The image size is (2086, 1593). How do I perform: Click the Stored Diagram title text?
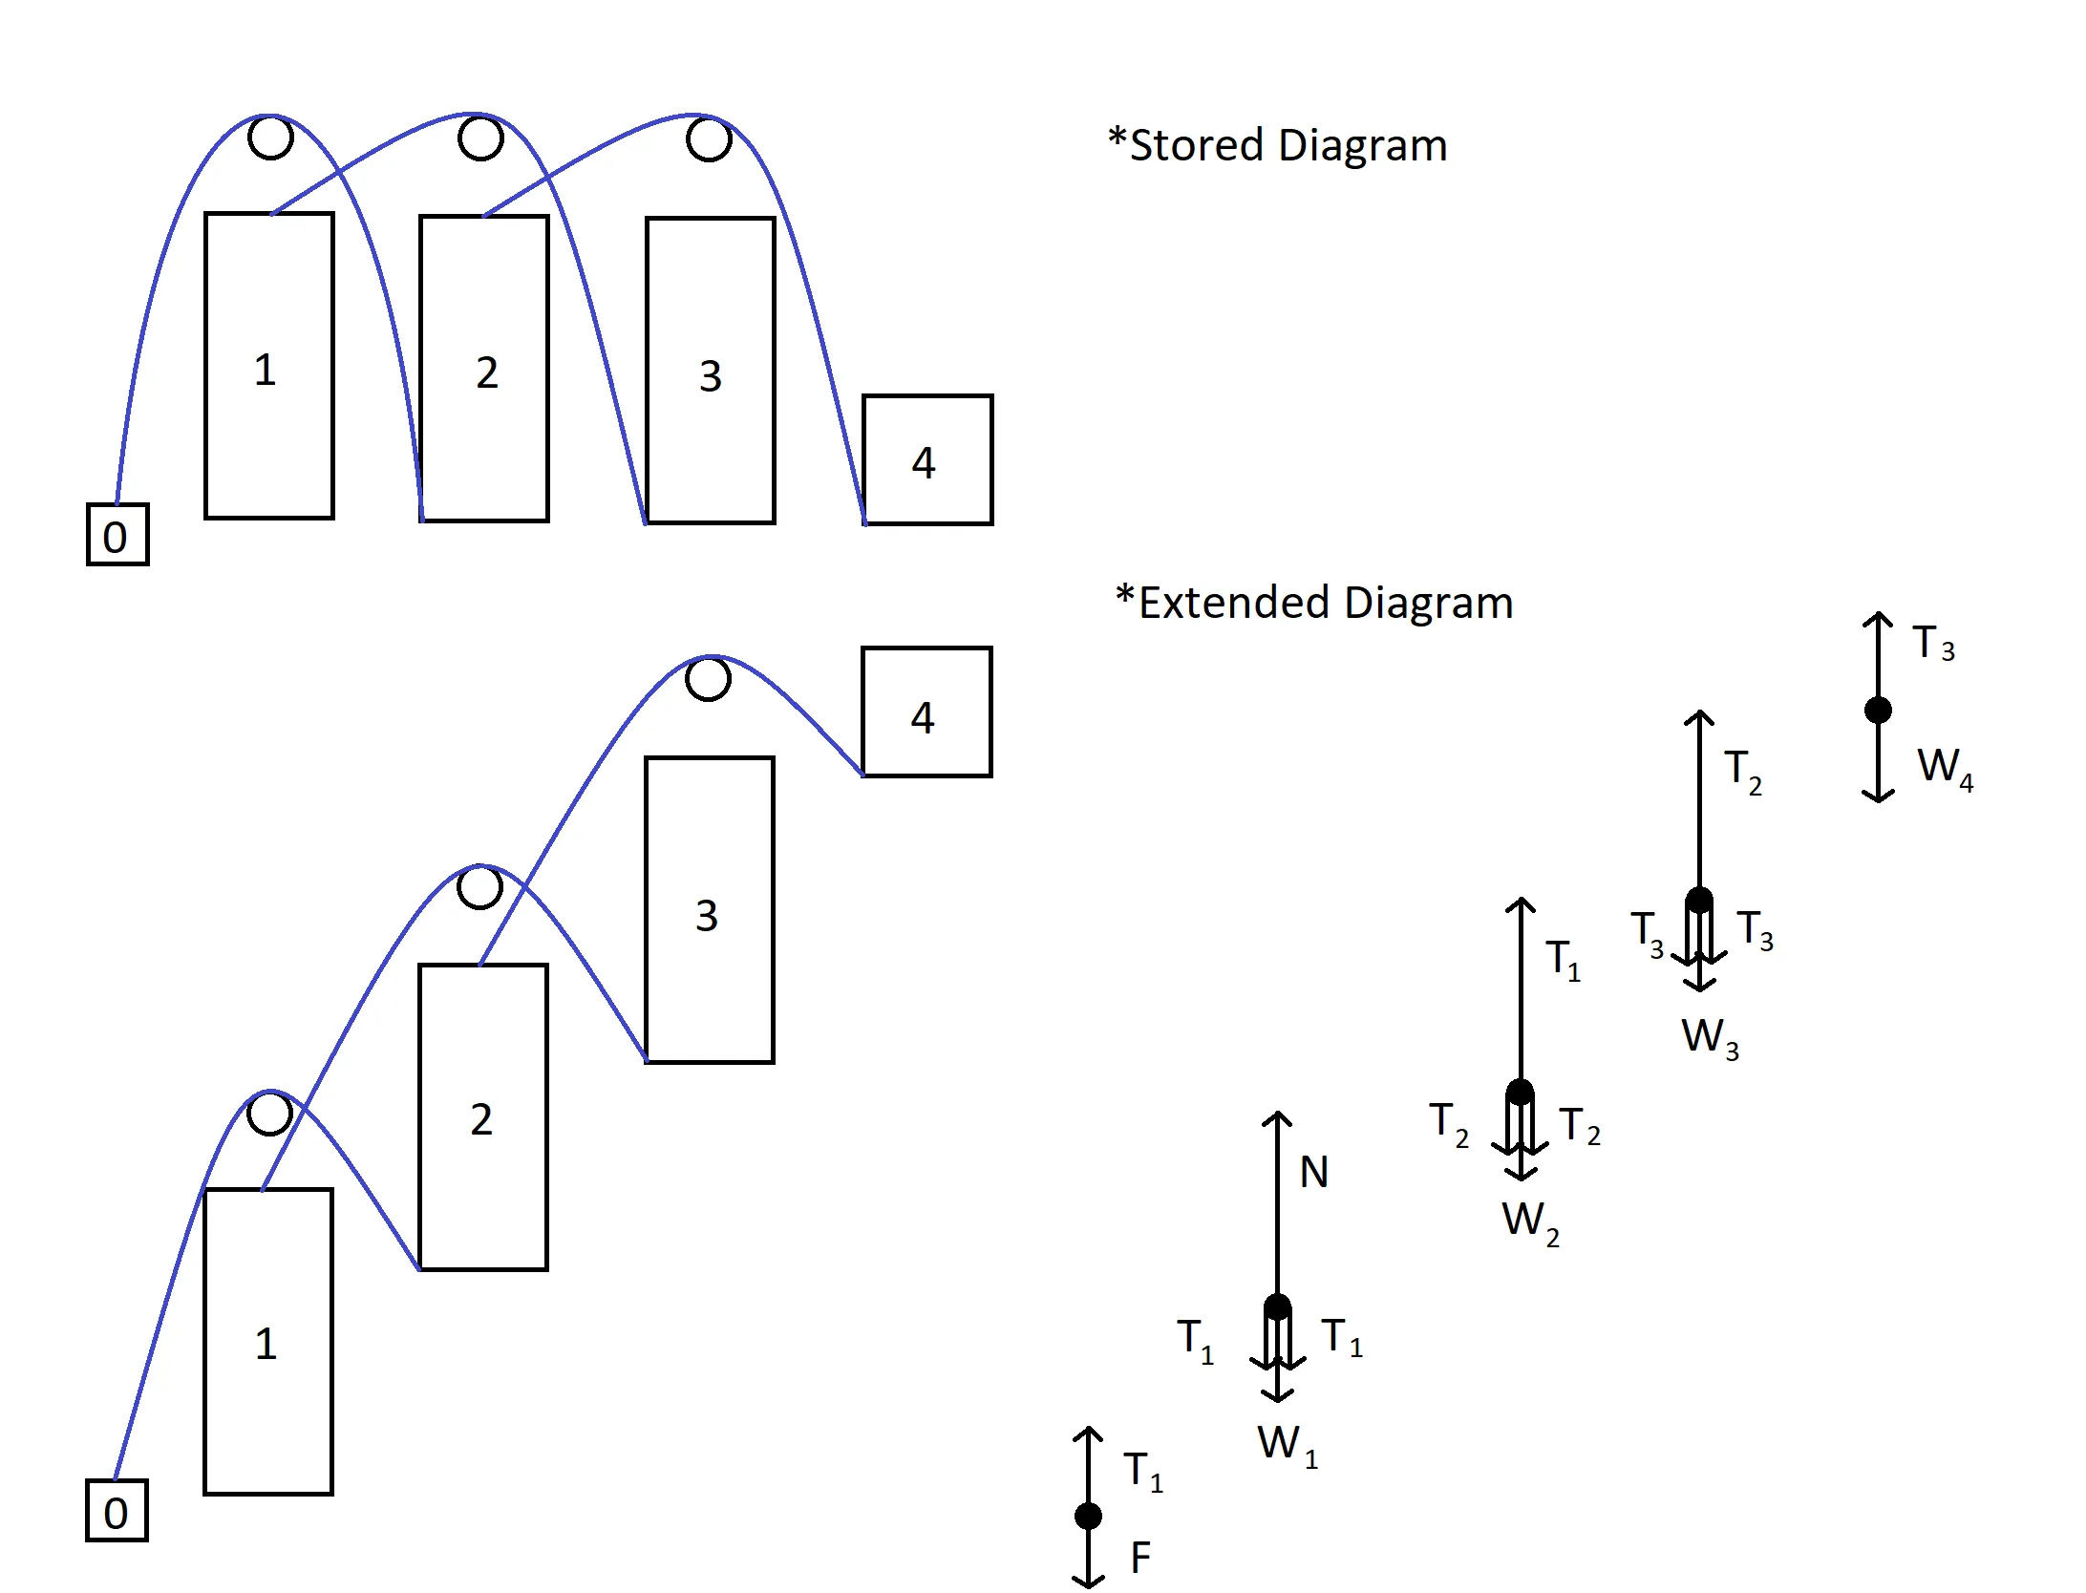[1277, 146]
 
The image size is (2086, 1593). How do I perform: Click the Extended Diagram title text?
[1314, 604]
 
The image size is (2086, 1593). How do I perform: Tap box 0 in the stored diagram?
[117, 535]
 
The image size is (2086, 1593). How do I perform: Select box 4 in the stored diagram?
[927, 459]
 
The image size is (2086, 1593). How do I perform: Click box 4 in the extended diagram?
[926, 712]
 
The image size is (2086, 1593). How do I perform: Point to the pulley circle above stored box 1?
[270, 138]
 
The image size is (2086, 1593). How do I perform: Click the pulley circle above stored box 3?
[709, 139]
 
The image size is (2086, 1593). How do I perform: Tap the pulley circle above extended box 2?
[479, 887]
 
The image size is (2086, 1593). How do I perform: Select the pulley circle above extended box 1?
[269, 1113]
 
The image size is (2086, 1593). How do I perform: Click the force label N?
[1314, 1173]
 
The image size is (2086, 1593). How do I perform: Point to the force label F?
[1140, 1559]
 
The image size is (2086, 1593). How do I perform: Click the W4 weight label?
[1944, 768]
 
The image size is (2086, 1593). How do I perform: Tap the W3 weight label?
[1709, 1037]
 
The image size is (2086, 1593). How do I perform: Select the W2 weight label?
[1529, 1221]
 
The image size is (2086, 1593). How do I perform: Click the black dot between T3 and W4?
[1878, 710]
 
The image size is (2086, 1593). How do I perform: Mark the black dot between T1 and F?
[1088, 1516]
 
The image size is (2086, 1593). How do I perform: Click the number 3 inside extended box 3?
[707, 916]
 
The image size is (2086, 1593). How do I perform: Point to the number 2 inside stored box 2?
[487, 372]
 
